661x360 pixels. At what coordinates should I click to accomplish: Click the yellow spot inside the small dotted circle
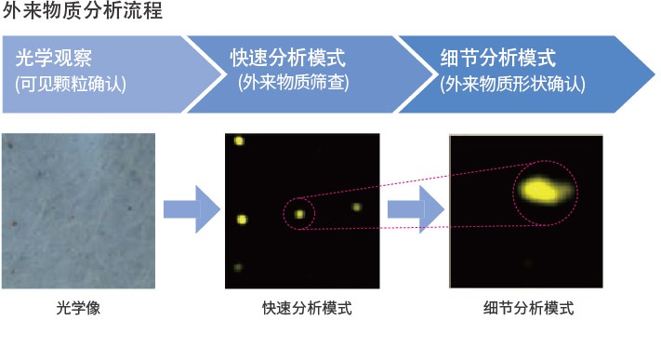coord(299,214)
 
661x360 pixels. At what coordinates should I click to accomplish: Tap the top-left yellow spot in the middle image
coord(239,141)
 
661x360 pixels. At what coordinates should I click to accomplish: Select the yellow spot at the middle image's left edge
coord(242,220)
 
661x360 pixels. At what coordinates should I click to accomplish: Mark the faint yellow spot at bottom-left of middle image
coord(239,268)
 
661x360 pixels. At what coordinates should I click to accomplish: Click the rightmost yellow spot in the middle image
coord(356,207)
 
